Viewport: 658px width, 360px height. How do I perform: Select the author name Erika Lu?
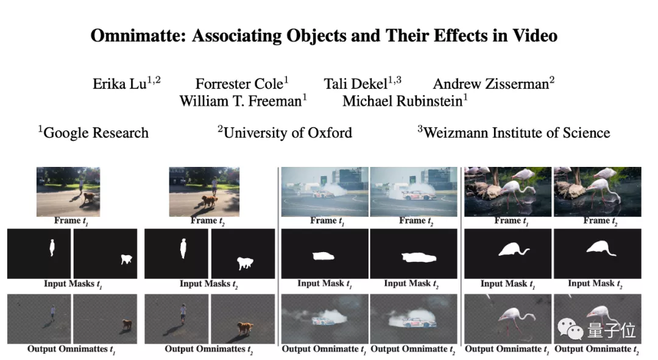pos(119,84)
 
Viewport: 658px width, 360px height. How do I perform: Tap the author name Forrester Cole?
pos(239,84)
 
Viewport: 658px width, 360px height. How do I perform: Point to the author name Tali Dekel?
pos(355,84)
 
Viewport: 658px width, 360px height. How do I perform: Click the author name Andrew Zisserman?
pos(491,84)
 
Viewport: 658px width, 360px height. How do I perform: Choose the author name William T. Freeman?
pos(241,101)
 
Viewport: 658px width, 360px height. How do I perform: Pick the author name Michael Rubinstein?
pos(403,101)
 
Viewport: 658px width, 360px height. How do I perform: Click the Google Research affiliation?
pos(96,133)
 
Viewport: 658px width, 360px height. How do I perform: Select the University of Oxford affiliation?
pos(288,133)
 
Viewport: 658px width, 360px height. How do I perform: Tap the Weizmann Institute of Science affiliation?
pos(517,133)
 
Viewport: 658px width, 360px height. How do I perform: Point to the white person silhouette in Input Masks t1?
pos(52,247)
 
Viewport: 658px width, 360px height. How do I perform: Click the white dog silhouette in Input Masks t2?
pos(245,263)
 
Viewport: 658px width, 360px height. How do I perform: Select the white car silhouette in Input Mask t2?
pos(419,257)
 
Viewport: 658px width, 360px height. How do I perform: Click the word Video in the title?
pos(534,36)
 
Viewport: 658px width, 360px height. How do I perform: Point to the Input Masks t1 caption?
pos(73,284)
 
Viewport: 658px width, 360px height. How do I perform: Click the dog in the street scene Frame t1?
pos(89,197)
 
